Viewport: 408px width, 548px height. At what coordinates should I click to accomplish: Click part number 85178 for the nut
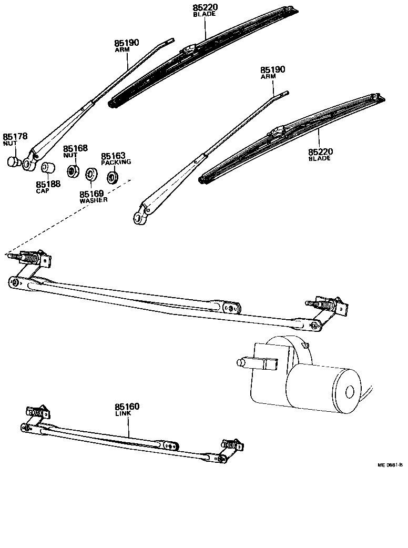coord(14,136)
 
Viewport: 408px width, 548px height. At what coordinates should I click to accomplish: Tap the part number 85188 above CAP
coord(47,184)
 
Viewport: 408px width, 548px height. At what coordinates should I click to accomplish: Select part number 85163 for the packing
coord(113,156)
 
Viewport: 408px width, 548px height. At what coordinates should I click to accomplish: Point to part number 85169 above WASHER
coord(91,194)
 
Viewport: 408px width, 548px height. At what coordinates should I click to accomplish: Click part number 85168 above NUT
coord(75,149)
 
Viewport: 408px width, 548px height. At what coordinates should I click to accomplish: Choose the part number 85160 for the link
coord(127,407)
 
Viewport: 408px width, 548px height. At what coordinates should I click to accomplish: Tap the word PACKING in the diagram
coord(116,162)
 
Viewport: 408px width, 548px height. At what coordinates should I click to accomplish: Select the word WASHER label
coord(94,200)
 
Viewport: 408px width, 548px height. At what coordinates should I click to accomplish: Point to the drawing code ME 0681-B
coord(390,465)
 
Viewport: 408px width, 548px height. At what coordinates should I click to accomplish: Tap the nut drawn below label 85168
coord(73,171)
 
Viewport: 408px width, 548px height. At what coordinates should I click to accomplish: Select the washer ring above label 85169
coord(91,174)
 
